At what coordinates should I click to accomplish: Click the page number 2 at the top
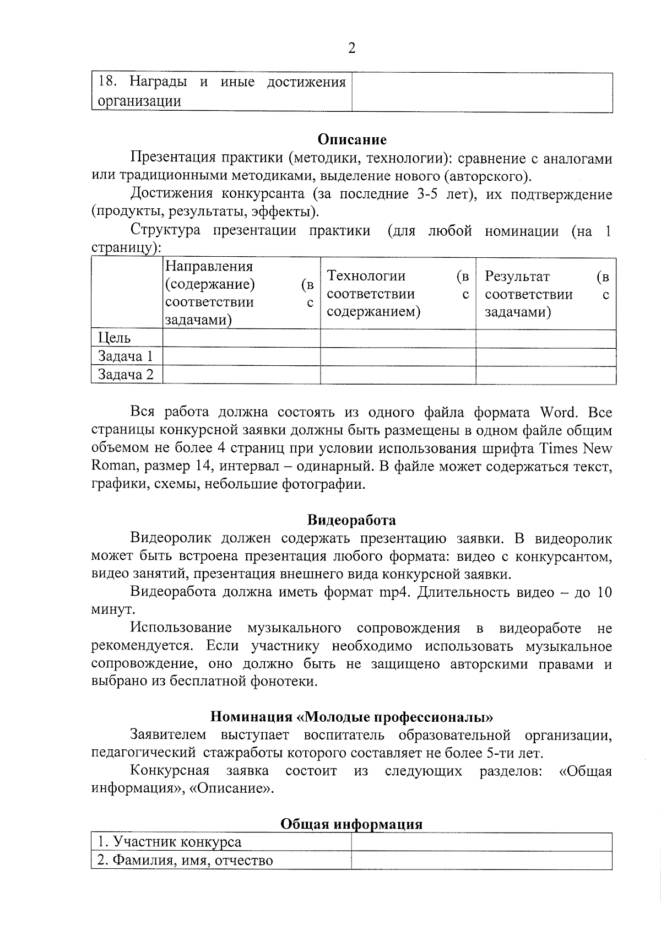click(352, 48)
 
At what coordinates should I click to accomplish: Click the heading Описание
click(352, 140)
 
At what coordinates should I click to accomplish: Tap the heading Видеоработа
click(351, 520)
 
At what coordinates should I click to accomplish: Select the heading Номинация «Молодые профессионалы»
click(351, 717)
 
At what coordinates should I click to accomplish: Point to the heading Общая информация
click(351, 824)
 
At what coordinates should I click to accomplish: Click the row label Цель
click(115, 338)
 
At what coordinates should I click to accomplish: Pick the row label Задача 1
click(126, 356)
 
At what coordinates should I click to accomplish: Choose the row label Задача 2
click(126, 375)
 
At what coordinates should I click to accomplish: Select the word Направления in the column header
click(209, 267)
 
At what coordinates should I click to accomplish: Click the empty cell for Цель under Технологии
click(398, 338)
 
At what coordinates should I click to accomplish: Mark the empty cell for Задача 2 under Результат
click(545, 375)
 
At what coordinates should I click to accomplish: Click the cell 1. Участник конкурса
click(170, 842)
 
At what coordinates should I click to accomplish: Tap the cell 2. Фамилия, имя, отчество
click(185, 860)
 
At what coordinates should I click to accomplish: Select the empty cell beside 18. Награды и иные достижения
click(482, 92)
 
